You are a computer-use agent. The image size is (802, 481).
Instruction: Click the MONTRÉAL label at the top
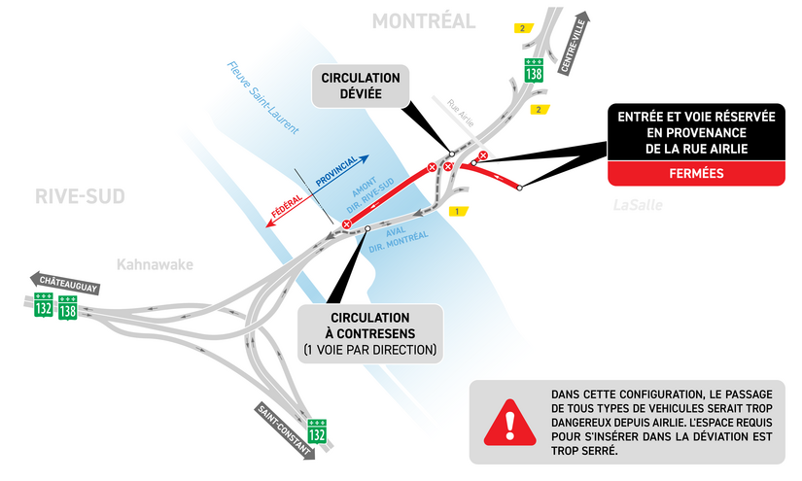tap(424, 21)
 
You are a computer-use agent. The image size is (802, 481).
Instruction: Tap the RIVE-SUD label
tap(80, 196)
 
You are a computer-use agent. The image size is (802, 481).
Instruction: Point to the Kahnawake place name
tap(155, 264)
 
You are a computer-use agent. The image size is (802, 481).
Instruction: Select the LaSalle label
tap(637, 205)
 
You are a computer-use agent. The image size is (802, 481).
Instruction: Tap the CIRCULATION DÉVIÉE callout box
tap(361, 86)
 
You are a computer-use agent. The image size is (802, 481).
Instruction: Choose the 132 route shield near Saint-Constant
tap(317, 431)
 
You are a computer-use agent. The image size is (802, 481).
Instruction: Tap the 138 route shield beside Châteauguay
tap(67, 307)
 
